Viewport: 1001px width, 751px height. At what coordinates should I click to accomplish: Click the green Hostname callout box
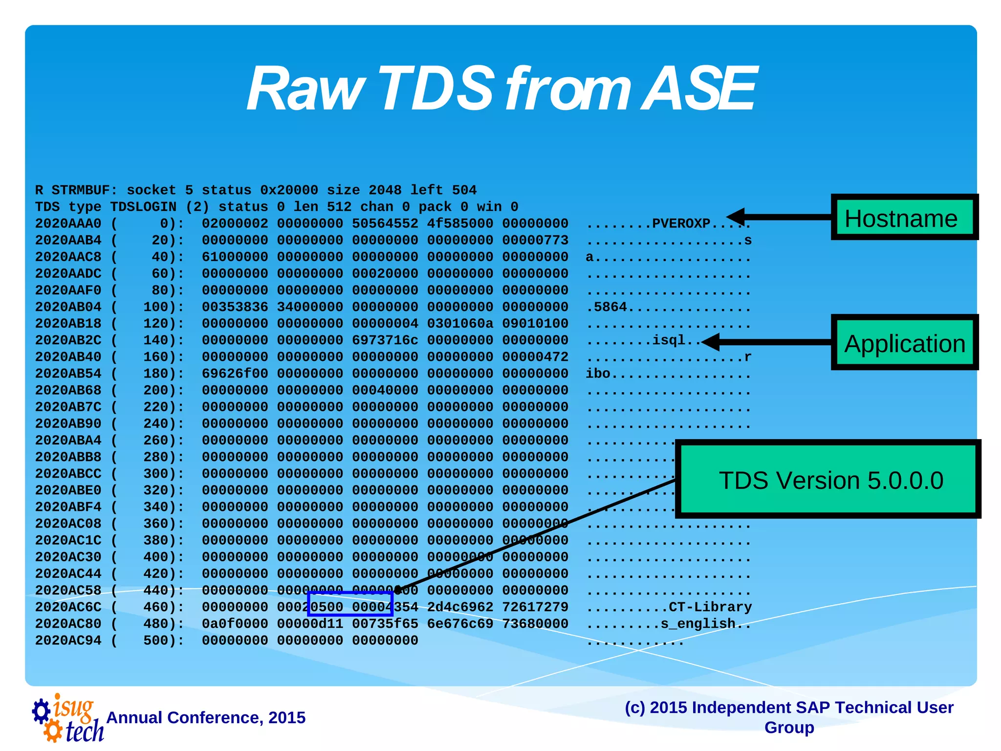904,218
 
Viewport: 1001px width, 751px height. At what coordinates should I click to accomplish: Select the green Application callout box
904,343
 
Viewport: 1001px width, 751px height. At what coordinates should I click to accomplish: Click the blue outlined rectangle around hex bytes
350,603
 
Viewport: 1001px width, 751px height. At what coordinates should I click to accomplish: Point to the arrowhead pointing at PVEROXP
736,217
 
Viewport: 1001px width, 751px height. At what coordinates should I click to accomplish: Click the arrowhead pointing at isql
711,342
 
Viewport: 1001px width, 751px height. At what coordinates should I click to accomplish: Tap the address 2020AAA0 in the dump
68,223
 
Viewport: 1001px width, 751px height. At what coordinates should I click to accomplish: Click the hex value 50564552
385,223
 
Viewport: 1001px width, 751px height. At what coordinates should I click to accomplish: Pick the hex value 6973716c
385,340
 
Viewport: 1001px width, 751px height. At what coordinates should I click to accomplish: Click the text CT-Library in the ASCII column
710,607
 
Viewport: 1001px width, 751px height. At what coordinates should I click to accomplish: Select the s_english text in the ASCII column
697,624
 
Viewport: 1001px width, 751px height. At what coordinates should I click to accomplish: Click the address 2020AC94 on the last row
68,641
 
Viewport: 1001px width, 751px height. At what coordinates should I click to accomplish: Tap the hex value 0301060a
460,324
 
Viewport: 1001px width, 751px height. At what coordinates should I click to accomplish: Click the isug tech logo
68,718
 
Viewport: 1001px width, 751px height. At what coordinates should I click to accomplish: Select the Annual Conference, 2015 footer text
206,718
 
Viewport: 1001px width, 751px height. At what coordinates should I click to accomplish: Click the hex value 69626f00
235,374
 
